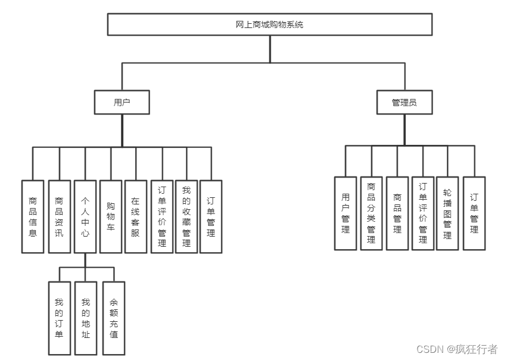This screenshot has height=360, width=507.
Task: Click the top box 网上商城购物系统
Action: pos(269,24)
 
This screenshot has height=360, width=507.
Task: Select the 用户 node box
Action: pos(122,102)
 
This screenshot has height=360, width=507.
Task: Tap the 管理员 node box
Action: pos(404,102)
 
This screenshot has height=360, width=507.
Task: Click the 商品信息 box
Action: pos(33,216)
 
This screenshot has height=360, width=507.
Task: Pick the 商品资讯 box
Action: pos(59,216)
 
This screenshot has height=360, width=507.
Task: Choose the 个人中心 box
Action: pos(85,216)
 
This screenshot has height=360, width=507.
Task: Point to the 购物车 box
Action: pos(111,216)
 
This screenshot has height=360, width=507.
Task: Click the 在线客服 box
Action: pos(136,216)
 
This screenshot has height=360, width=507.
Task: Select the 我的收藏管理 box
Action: pos(186,216)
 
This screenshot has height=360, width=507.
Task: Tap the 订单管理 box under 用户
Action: pos(211,216)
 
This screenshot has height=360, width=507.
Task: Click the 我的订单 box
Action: pos(59,318)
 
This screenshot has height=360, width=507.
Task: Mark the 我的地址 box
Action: pos(86,318)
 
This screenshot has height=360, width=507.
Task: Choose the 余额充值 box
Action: pos(114,318)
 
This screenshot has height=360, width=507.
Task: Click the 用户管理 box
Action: pos(346,213)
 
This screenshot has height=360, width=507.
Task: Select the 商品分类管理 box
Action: pos(371,213)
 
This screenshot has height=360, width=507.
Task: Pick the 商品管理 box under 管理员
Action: pos(397,213)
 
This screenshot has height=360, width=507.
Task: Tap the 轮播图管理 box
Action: pos(447,213)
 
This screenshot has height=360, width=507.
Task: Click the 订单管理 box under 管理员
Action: pos(474,213)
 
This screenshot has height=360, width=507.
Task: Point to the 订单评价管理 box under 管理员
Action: pos(423,213)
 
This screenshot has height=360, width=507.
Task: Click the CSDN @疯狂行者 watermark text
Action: pos(457,349)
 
